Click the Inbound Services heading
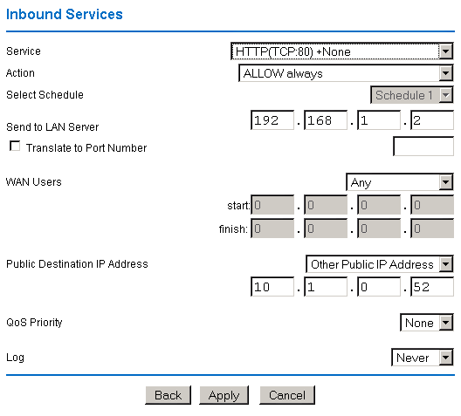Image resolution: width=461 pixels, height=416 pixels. [65, 15]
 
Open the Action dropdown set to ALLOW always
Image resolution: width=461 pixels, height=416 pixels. [346, 74]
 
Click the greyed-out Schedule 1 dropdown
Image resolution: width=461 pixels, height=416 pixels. [412, 95]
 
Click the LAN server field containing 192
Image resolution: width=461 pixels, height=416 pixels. [272, 120]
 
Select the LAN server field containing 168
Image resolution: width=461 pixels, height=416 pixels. [326, 120]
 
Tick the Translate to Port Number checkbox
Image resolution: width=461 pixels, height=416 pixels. [15, 147]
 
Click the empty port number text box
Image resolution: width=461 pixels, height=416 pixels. [423, 147]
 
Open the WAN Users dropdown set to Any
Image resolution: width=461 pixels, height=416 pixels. [400, 183]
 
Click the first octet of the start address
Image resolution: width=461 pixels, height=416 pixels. [272, 206]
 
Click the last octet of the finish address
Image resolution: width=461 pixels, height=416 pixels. [432, 229]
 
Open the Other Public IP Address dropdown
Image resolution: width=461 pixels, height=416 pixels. [380, 264]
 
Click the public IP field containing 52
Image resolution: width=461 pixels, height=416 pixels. [432, 287]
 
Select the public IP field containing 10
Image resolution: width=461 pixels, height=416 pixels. [272, 287]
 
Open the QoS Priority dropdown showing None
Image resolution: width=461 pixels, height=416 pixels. [427, 323]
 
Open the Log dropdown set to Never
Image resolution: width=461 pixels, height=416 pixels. [423, 358]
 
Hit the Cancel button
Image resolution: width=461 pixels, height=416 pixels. [286, 395]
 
